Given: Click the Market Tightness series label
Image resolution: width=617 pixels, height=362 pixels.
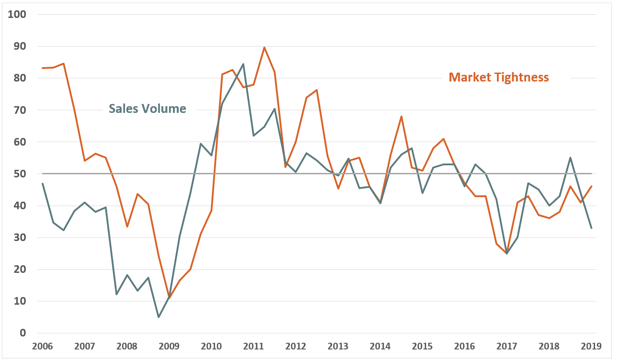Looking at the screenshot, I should point(498,77).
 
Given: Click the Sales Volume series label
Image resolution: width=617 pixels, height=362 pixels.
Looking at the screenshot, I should point(147,108).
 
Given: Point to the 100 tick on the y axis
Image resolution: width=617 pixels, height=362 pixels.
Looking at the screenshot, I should point(17,14).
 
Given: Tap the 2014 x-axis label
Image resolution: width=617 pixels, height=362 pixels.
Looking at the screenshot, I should point(380,346).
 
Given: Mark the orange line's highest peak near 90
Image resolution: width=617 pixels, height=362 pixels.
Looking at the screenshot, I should point(264,47).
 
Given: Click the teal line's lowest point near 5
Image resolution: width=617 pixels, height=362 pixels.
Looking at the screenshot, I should point(159,317).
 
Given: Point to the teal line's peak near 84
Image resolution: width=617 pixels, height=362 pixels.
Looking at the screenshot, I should point(243,64).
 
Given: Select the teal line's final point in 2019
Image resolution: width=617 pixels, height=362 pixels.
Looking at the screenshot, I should point(591,228).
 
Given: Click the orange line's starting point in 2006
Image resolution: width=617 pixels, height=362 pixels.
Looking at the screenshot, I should point(43,68).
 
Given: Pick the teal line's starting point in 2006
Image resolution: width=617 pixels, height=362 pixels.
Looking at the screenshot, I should point(43,183).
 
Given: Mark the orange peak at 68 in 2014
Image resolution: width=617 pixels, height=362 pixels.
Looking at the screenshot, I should point(401,116).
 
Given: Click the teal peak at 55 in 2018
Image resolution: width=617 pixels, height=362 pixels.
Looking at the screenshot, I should point(570,158).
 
